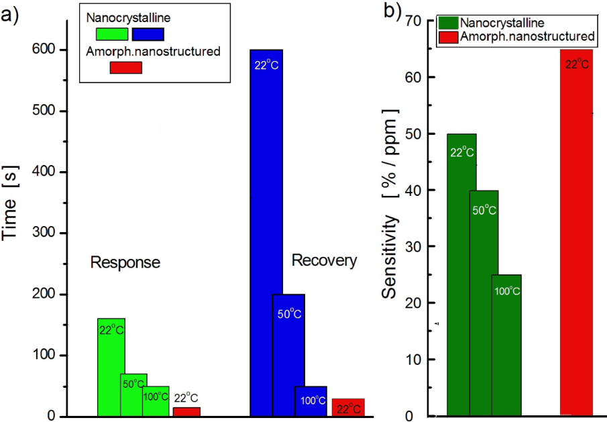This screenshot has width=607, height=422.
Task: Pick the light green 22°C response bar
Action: (111, 349)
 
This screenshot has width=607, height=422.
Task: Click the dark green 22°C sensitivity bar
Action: (461, 268)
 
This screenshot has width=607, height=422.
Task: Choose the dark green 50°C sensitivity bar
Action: (484, 302)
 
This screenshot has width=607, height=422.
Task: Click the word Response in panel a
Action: (125, 262)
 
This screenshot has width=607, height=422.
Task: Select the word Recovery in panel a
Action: (324, 260)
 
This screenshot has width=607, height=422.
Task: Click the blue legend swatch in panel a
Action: (148, 34)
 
